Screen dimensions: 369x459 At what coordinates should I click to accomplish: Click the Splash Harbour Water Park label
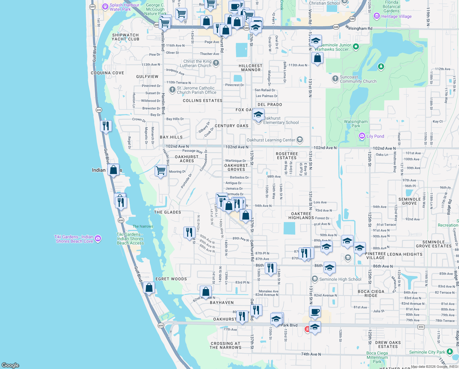pos(124,7)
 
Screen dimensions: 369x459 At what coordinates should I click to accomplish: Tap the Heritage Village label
pos(396,17)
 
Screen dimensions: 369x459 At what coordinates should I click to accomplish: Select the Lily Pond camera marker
pos(362,136)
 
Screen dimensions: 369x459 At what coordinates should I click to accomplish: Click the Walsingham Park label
pos(356,124)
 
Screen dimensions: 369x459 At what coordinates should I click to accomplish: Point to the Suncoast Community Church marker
pos(335,79)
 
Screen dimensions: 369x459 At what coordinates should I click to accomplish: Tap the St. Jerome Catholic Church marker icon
pos(172,90)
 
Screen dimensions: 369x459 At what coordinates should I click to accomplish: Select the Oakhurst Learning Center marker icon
pos(300,140)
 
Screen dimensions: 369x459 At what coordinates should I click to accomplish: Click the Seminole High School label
pos(340,279)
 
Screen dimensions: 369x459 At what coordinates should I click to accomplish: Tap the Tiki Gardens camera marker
pos(98,238)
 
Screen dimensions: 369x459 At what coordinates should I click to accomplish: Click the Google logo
pos(10,365)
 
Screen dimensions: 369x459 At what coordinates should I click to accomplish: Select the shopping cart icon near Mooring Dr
pos(161,170)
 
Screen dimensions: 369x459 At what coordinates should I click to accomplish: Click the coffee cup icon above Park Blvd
pos(315,311)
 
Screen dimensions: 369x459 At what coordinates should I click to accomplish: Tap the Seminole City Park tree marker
pos(449,351)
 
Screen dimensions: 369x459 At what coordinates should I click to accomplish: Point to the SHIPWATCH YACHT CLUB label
pos(125,37)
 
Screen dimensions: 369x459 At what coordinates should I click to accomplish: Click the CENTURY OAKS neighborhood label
pos(231,126)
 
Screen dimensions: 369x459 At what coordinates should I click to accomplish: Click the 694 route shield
pos(421,327)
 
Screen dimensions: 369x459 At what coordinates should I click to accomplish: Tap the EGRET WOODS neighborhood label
pos(171,279)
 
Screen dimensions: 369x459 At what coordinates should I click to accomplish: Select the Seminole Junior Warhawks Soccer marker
pos(356,47)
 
